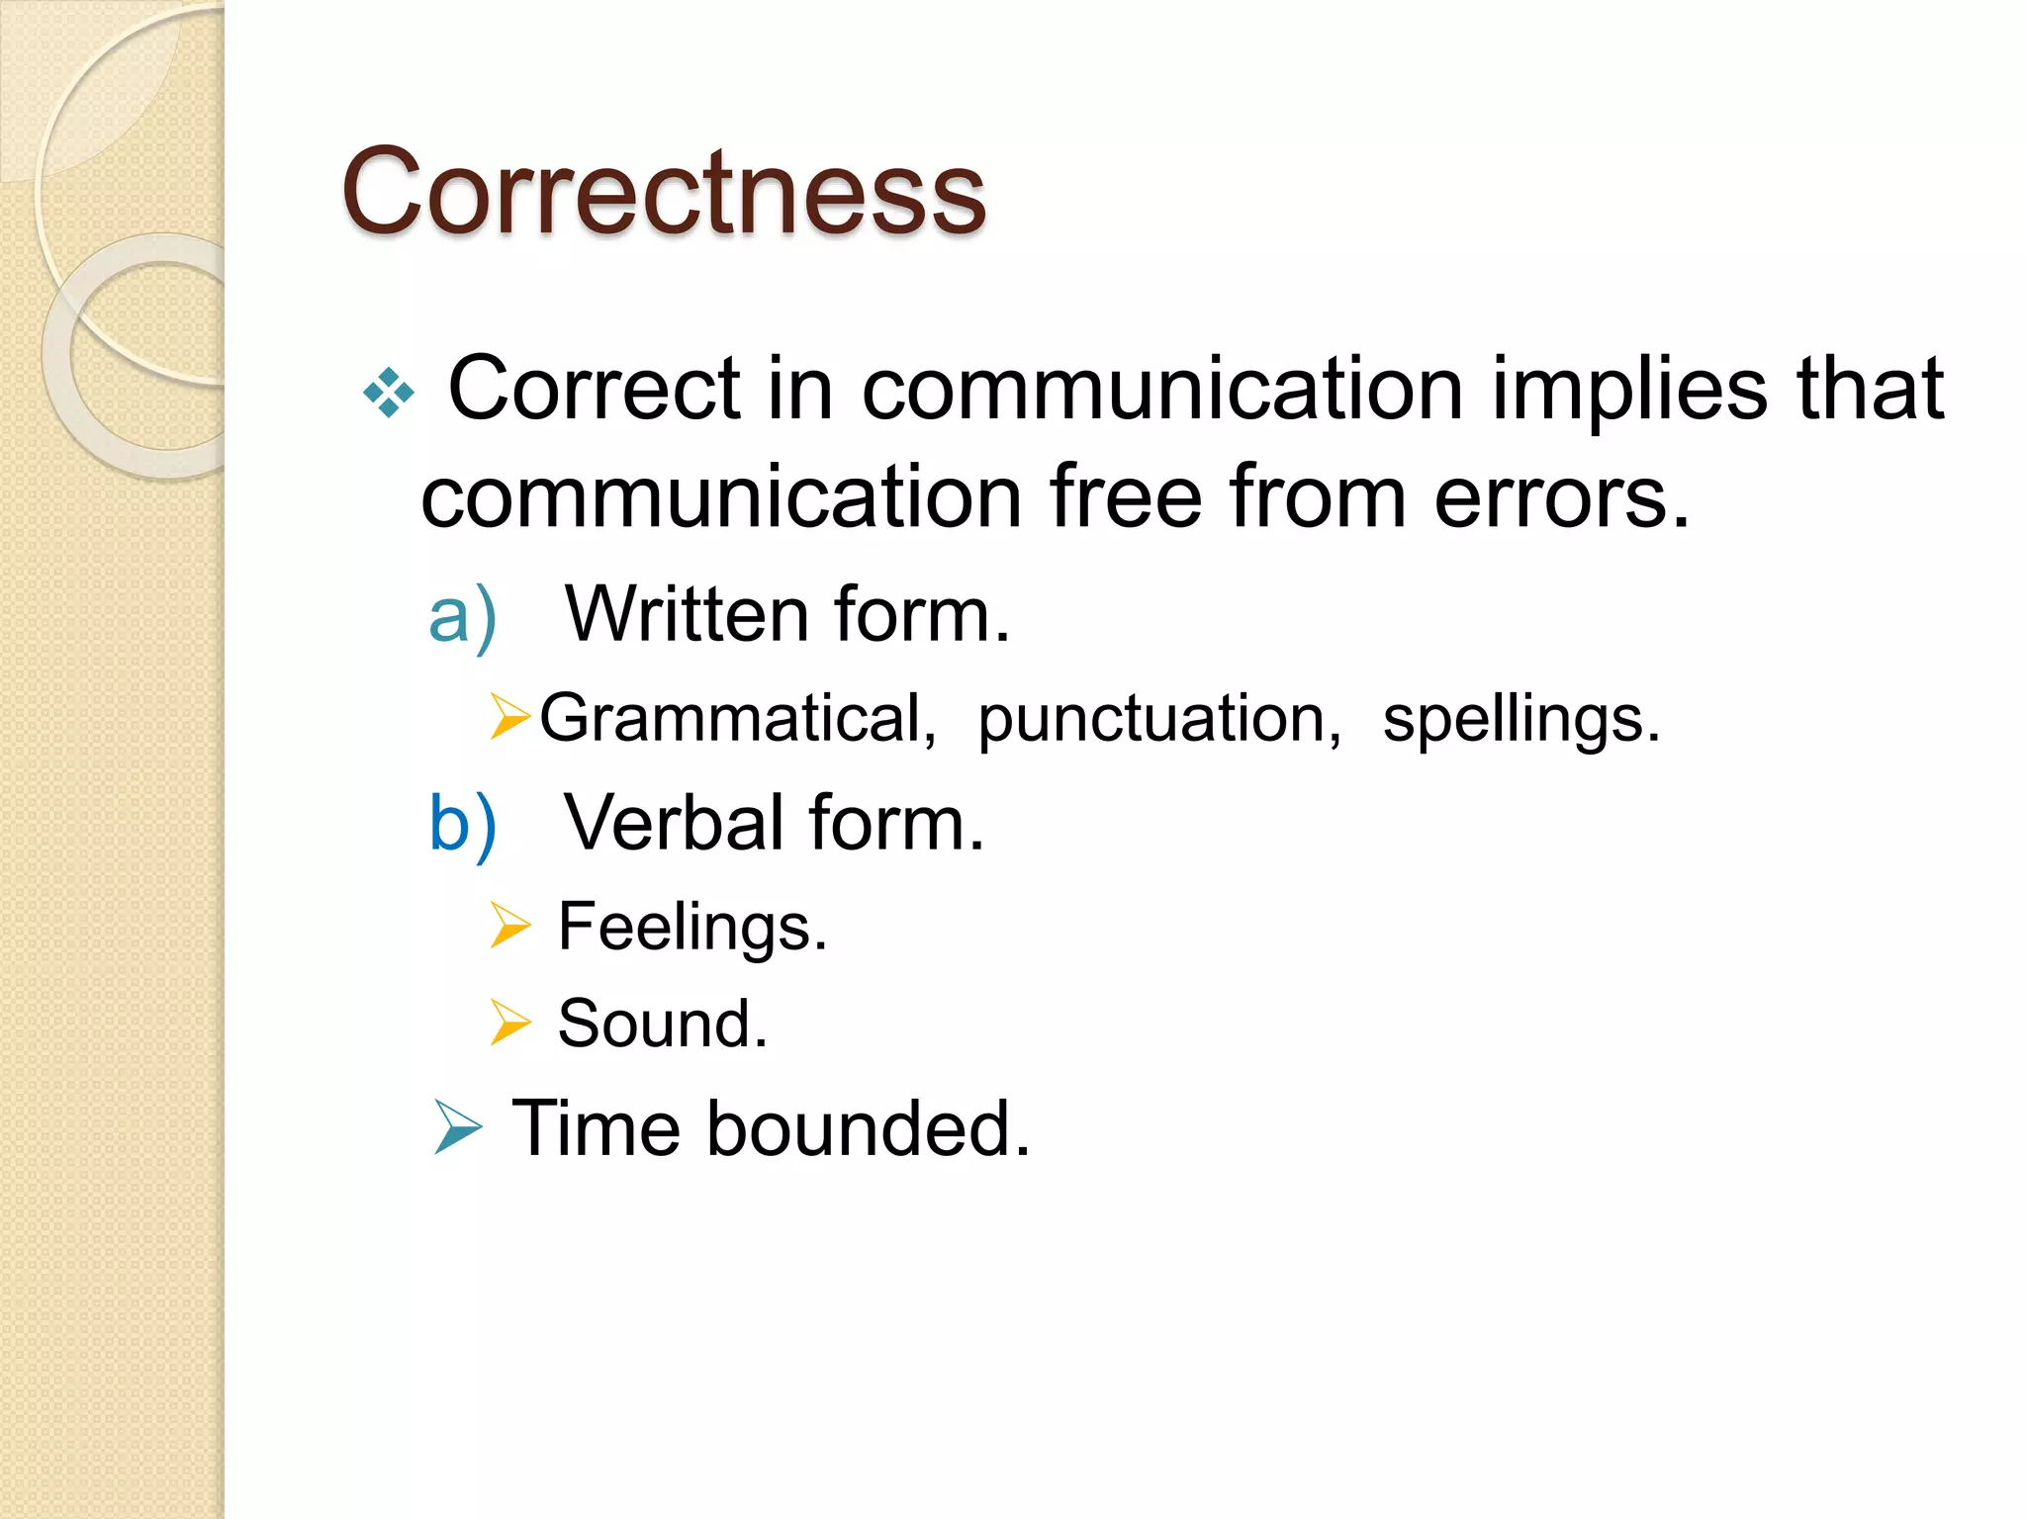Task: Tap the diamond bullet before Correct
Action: pos(389,393)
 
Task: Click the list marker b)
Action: pos(461,824)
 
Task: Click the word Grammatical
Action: pos(737,718)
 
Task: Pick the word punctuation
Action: pos(1158,720)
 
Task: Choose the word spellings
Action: pos(1519,720)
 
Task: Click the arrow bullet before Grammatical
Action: pos(509,717)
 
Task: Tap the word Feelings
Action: pos(691,928)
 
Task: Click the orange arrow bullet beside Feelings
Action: pos(509,926)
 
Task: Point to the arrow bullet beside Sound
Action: pos(509,1023)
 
